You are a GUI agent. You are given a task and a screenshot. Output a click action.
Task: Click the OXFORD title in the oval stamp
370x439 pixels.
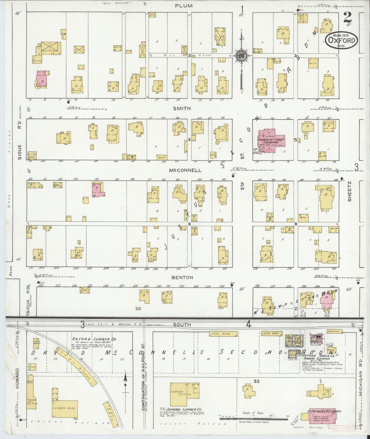(342, 40)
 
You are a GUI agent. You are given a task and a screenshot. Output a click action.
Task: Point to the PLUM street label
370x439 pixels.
(184, 6)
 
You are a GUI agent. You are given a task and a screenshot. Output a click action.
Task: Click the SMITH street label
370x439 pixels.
(182, 109)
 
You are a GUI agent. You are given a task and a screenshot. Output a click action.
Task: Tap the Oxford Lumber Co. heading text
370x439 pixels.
(94, 339)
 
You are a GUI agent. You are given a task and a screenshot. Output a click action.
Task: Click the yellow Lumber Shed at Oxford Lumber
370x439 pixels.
(65, 408)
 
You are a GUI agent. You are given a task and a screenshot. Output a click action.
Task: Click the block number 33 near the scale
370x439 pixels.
(256, 381)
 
